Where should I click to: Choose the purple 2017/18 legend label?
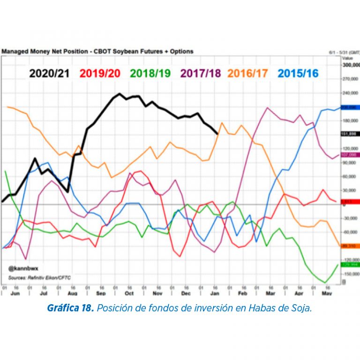tap(201, 73)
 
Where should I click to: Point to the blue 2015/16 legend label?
tap(298, 73)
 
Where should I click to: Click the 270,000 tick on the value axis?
tap(350, 79)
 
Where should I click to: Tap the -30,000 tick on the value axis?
tap(350, 218)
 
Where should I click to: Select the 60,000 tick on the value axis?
tap(350, 177)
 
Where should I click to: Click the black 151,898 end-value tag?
tap(350, 134)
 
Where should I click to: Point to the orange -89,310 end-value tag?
tap(350, 246)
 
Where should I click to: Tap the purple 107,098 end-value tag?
tap(350, 154)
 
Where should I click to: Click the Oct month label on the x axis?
tap(129, 293)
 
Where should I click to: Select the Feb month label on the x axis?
tap(242, 293)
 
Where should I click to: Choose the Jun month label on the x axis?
tap(15, 293)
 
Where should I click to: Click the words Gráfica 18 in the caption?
tap(68, 308)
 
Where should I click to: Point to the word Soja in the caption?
tap(301, 308)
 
